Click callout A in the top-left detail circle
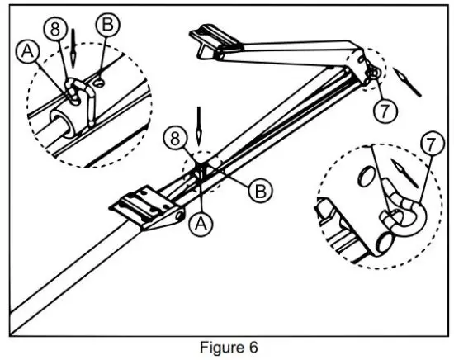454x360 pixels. tap(26, 52)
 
